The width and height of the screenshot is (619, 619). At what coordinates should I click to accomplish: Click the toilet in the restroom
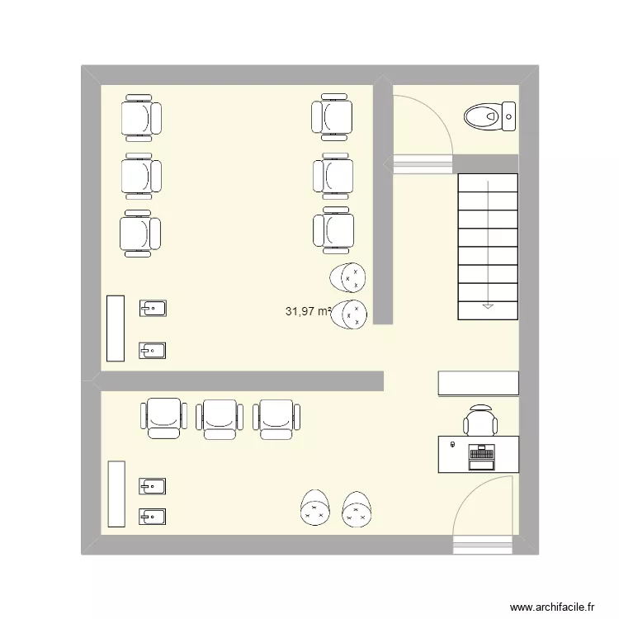click(489, 116)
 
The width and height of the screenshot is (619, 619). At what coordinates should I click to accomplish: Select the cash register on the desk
click(481, 457)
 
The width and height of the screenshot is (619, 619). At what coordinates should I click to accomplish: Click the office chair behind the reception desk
click(480, 420)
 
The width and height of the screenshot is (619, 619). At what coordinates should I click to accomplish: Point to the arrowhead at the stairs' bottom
click(488, 306)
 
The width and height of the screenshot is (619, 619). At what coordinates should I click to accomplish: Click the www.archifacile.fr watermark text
click(552, 607)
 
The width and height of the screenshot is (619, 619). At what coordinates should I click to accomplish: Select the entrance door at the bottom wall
click(483, 514)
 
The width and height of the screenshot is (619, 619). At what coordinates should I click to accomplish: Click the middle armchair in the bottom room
click(220, 418)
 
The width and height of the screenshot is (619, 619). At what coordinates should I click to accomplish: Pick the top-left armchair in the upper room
click(141, 118)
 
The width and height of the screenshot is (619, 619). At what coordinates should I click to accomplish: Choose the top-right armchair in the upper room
click(332, 117)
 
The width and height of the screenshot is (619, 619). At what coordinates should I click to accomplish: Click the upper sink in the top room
click(153, 309)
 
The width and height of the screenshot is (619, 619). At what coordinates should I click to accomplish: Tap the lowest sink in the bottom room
click(152, 517)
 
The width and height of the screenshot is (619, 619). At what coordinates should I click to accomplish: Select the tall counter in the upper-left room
click(116, 328)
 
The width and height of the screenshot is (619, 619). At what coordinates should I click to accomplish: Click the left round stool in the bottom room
click(315, 508)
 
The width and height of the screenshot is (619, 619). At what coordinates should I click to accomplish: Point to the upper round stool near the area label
click(347, 277)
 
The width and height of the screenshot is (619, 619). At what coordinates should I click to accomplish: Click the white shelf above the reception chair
click(479, 383)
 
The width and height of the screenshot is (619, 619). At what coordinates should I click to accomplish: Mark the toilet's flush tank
click(509, 116)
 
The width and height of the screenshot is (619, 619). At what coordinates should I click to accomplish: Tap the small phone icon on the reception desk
click(453, 445)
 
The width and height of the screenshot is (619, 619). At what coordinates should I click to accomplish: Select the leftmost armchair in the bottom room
click(163, 418)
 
